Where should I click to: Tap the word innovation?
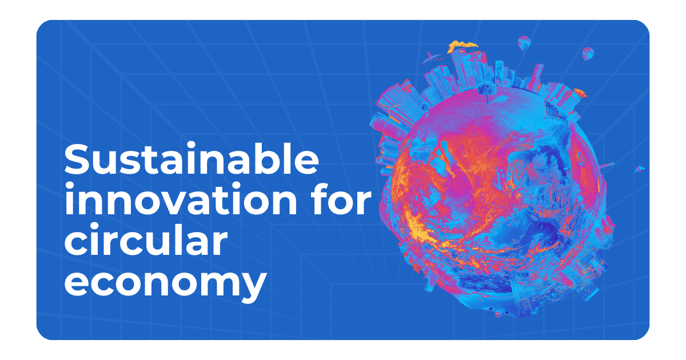(x=181, y=199)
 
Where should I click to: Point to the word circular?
(x=146, y=239)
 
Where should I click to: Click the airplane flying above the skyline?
(x=431, y=58)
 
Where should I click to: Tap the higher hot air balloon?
(x=524, y=43)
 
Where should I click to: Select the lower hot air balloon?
(x=588, y=54)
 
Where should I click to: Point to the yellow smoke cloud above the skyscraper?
(x=462, y=46)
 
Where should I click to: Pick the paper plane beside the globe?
(x=640, y=169)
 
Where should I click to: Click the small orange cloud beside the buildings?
(x=580, y=93)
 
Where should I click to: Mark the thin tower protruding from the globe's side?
(x=607, y=166)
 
